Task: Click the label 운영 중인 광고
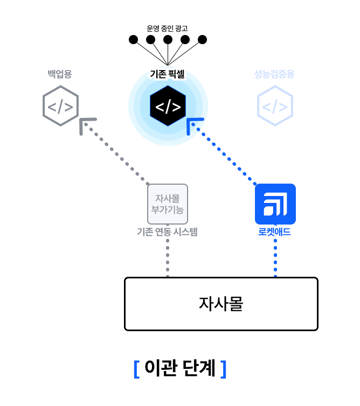[x=167, y=28]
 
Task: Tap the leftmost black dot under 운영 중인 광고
[x=133, y=39]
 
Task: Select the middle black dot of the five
[x=168, y=39]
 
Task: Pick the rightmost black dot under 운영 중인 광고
[x=202, y=39]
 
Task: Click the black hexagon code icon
[x=168, y=106]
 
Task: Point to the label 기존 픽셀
[x=167, y=74]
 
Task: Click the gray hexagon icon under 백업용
[x=60, y=106]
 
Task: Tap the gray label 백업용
[x=59, y=74]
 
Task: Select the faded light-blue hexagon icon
[x=275, y=106]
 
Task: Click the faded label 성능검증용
[x=274, y=74]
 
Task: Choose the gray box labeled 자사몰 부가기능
[x=168, y=204]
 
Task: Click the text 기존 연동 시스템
[x=168, y=233]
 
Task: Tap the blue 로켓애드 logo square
[x=275, y=204]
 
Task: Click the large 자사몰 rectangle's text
[x=221, y=304]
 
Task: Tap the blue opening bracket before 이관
[x=136, y=369]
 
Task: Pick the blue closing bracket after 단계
[x=223, y=369]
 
